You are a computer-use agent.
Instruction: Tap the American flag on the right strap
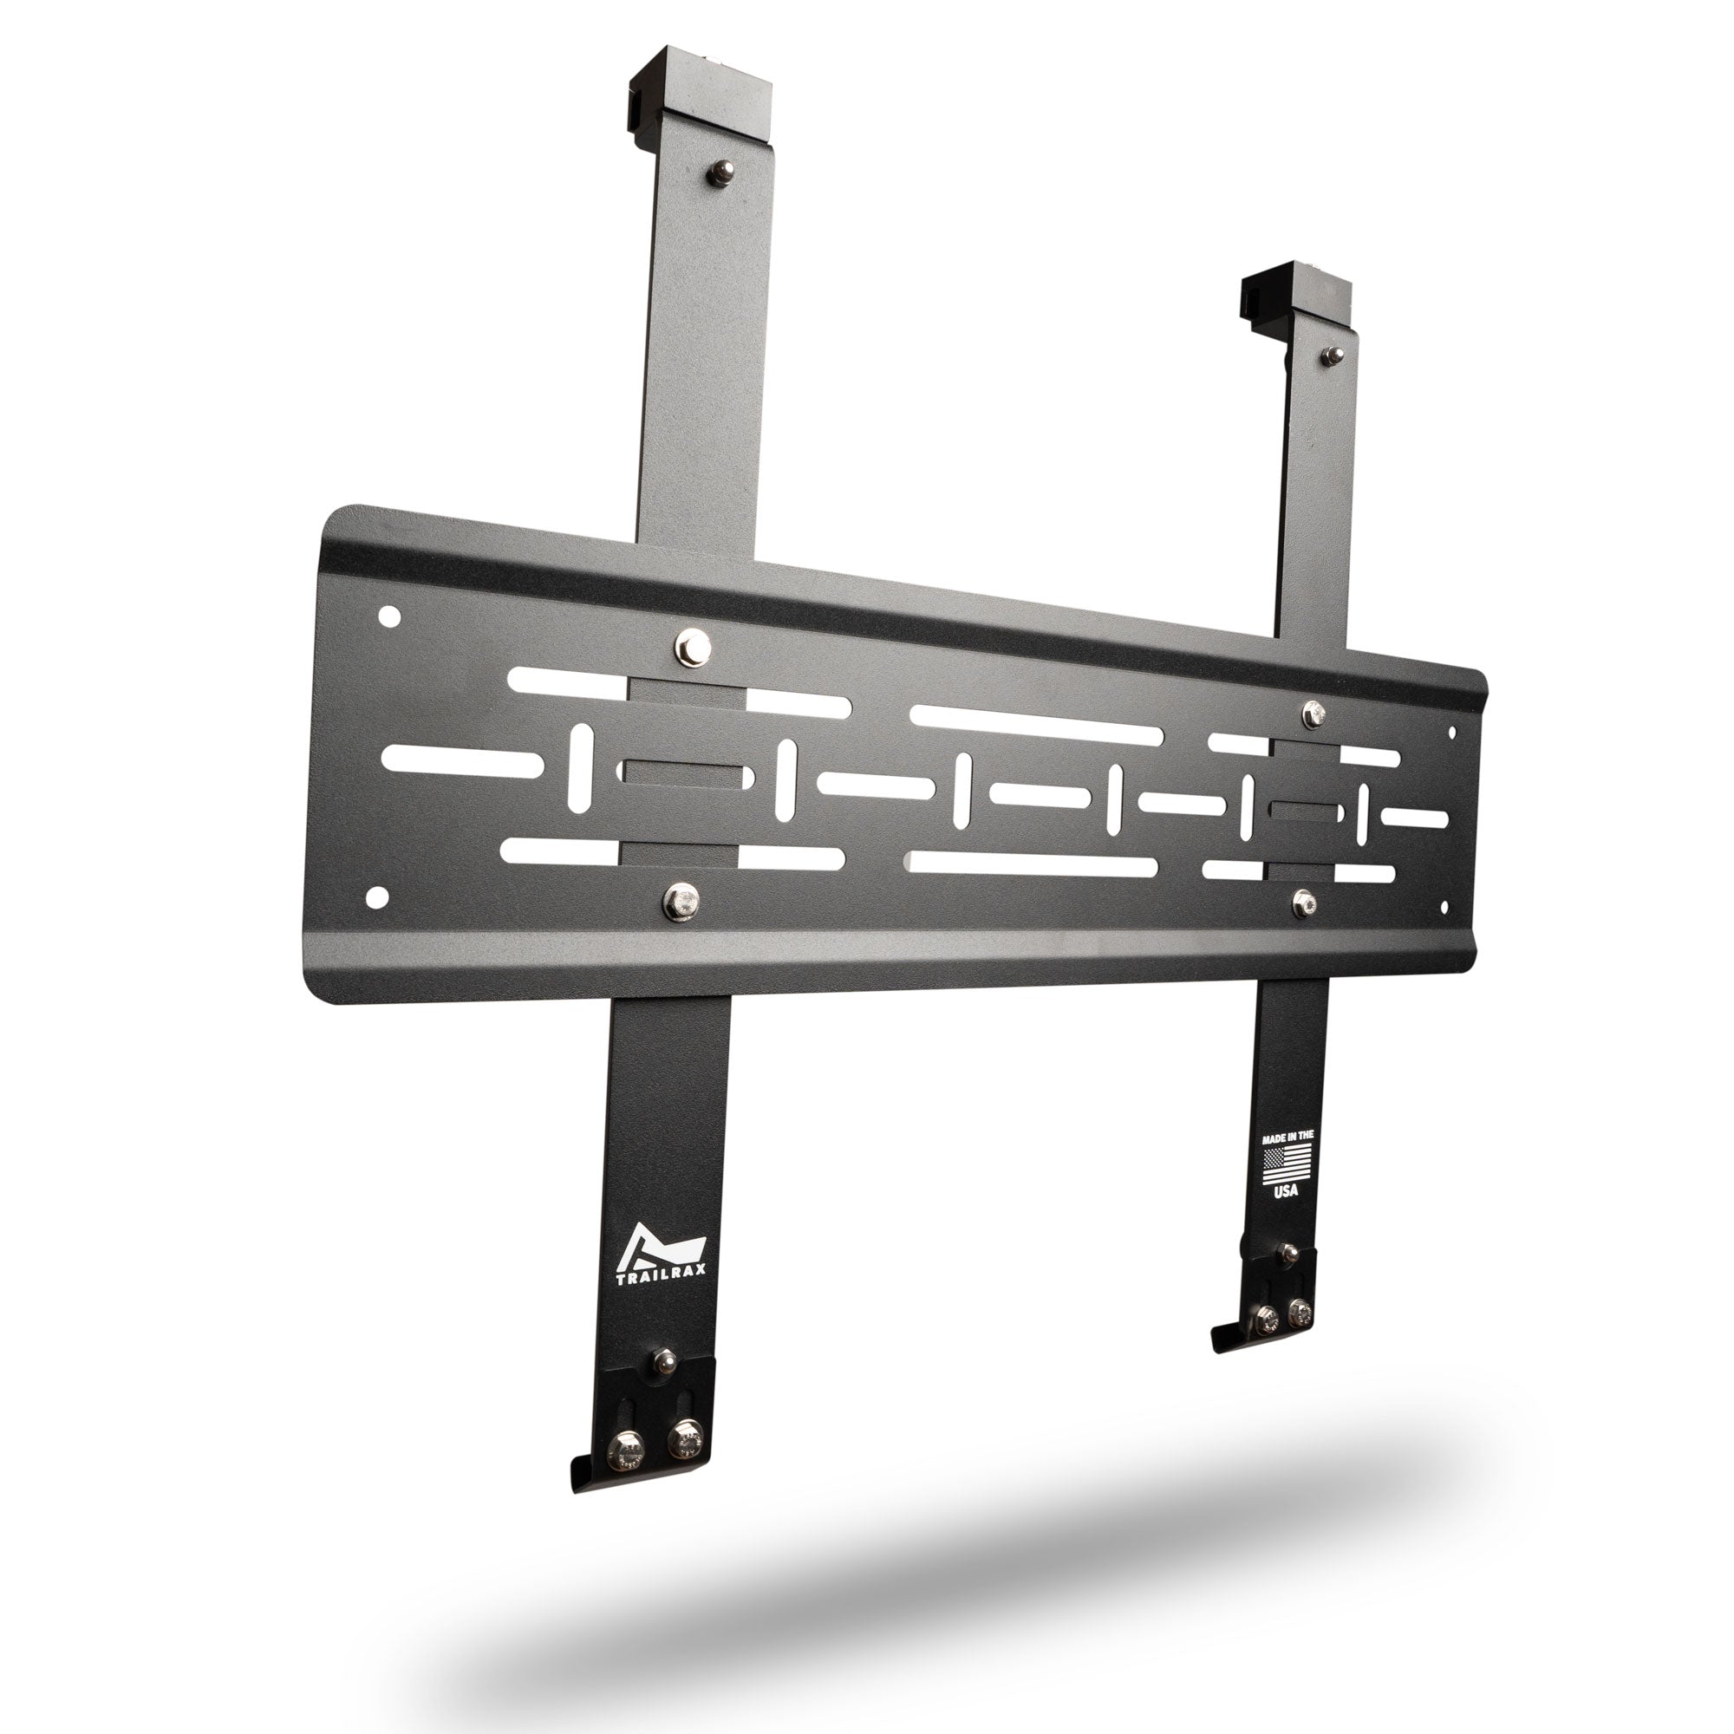(x=1287, y=1164)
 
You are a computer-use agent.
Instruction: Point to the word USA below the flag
(x=1286, y=1191)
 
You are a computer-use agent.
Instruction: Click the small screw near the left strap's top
(x=719, y=173)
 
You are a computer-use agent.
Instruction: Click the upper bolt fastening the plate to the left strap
(x=693, y=647)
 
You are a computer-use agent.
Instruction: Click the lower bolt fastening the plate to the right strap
(x=1305, y=902)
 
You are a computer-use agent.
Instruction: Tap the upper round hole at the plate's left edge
(x=389, y=616)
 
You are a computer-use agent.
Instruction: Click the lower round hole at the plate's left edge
(x=377, y=896)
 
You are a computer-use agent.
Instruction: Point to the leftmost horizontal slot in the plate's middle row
(x=462, y=761)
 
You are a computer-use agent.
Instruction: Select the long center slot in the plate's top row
(x=1037, y=725)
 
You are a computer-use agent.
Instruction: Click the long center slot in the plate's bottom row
(x=1032, y=864)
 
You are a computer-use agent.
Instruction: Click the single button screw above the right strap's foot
(x=1289, y=1253)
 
